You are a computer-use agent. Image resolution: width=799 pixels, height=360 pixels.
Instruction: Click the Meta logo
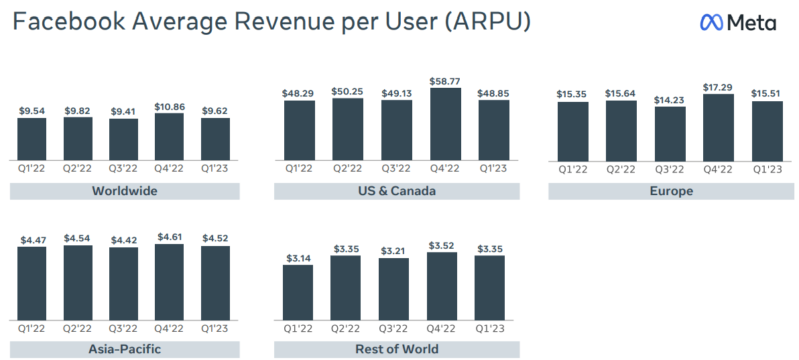(738, 22)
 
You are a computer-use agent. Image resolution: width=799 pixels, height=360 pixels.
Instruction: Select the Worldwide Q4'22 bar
(169, 137)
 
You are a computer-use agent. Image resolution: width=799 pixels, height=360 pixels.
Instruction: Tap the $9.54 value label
(32, 110)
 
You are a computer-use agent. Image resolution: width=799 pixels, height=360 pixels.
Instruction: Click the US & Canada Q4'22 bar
(445, 124)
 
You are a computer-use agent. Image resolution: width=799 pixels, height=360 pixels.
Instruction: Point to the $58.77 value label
(445, 81)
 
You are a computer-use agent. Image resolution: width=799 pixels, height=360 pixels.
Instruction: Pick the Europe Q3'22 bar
(670, 134)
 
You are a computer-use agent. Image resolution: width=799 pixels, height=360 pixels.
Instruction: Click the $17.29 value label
(718, 87)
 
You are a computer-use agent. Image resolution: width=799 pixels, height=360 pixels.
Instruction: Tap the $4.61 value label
(169, 237)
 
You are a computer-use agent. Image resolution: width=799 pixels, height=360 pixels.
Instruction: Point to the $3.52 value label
(442, 245)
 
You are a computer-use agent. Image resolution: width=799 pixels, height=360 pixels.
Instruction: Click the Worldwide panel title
(125, 191)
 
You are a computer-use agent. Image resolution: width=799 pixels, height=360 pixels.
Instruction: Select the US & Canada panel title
(397, 191)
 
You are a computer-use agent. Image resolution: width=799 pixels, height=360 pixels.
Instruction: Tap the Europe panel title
(671, 191)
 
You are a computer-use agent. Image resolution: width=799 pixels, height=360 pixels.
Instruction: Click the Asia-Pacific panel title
(125, 349)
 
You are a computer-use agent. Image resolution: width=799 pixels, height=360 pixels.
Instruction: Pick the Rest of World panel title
(397, 349)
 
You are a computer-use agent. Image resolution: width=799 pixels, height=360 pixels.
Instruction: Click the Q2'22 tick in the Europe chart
(621, 170)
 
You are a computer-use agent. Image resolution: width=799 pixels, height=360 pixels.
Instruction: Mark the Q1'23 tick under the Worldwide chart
(215, 168)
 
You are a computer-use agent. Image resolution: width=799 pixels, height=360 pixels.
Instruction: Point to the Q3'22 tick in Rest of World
(394, 328)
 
